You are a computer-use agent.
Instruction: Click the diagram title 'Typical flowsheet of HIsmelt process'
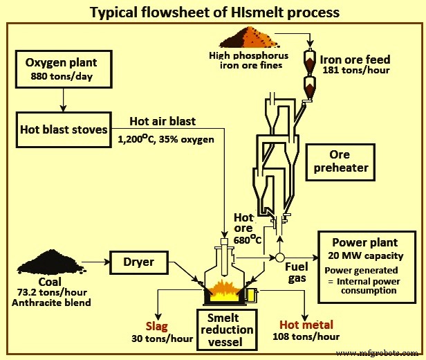click(213, 12)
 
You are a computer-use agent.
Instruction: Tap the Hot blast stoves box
click(64, 129)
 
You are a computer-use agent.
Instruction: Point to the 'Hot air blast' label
click(163, 120)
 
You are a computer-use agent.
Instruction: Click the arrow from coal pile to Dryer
click(98, 262)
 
